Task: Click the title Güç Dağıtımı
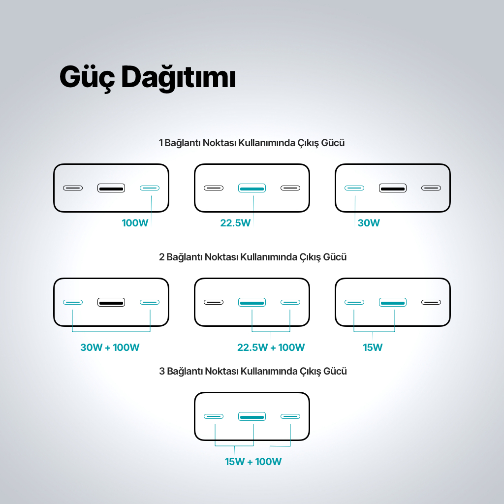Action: click(148, 77)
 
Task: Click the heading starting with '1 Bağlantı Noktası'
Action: click(252, 143)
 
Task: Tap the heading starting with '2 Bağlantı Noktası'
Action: click(252, 257)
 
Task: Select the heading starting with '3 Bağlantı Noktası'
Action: click(252, 371)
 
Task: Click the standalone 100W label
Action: click(135, 223)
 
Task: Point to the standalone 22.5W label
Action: click(235, 223)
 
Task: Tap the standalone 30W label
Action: click(369, 223)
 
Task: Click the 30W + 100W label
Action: click(110, 347)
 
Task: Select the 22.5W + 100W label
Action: click(271, 347)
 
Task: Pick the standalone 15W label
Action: click(373, 347)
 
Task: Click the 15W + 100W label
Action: click(253, 462)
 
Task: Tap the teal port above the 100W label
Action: click(150, 188)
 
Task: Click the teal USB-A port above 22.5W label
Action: click(252, 188)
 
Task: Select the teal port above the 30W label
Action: click(354, 188)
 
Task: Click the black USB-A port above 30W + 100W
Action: click(111, 302)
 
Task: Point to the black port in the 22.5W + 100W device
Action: click(214, 302)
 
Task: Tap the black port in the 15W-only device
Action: click(431, 302)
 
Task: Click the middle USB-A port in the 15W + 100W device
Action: click(252, 416)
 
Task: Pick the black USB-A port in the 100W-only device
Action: click(111, 188)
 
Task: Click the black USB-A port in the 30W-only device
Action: click(393, 188)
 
